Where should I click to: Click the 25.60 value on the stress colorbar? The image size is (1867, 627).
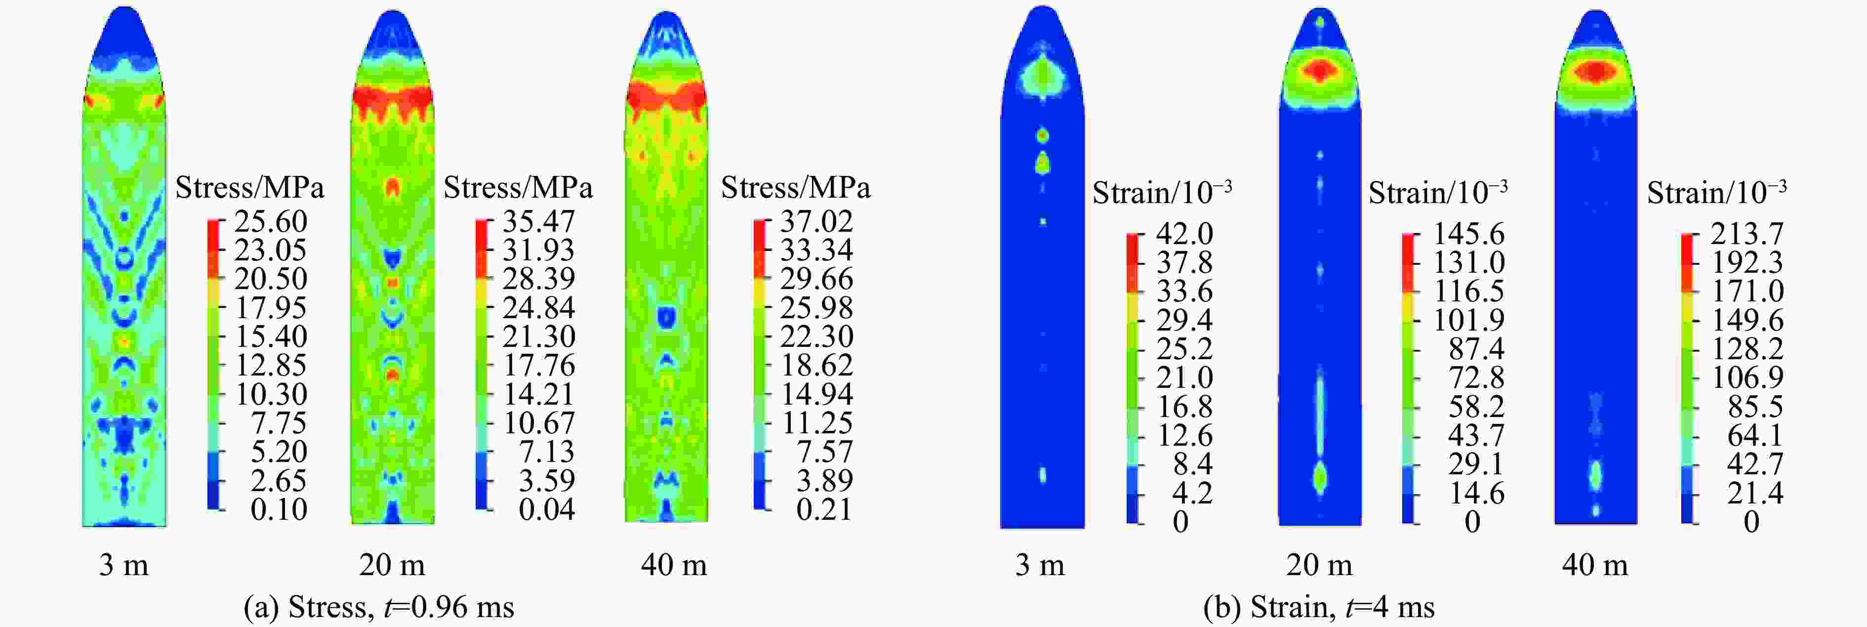click(x=270, y=221)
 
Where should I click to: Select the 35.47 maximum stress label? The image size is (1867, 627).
click(x=538, y=221)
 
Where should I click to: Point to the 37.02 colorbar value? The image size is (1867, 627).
click(x=816, y=221)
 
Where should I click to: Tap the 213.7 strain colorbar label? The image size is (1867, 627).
click(x=1746, y=234)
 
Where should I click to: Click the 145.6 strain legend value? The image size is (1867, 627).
click(x=1468, y=234)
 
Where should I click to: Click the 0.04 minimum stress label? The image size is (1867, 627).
click(x=546, y=509)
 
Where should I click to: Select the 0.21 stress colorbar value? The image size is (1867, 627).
click(x=823, y=509)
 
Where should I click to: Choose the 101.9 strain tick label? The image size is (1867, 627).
click(x=1468, y=320)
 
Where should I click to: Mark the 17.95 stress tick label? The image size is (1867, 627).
click(x=270, y=307)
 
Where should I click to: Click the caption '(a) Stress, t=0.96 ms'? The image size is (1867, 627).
click(x=378, y=607)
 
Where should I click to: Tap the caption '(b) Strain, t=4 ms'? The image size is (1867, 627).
click(x=1318, y=607)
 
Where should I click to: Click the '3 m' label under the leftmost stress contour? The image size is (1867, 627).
click(x=124, y=565)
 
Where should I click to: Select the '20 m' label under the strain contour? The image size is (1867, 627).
click(x=1319, y=565)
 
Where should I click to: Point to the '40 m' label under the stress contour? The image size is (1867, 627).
click(x=673, y=565)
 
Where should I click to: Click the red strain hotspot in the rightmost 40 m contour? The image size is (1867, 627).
click(x=1595, y=71)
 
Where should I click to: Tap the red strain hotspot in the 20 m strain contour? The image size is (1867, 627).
click(x=1320, y=70)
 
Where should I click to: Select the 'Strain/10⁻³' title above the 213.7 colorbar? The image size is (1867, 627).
click(x=1716, y=193)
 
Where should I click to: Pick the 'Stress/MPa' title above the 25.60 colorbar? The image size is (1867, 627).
click(x=249, y=188)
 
